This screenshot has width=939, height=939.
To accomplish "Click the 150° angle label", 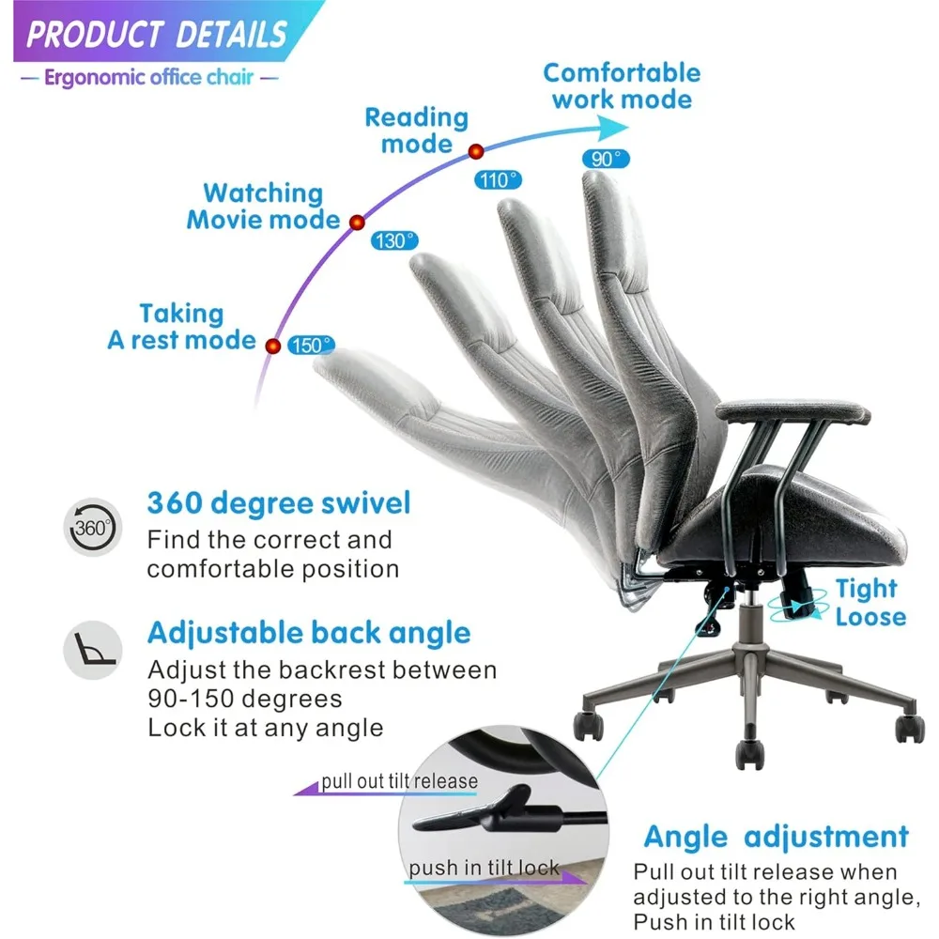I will pyautogui.click(x=311, y=345).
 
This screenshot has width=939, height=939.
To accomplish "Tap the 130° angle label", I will pyautogui.click(x=394, y=240).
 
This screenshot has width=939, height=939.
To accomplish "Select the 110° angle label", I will pyautogui.click(x=498, y=180).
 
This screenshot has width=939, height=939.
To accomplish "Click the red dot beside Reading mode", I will pyautogui.click(x=476, y=151).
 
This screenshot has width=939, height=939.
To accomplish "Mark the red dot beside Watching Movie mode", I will pyautogui.click(x=357, y=223).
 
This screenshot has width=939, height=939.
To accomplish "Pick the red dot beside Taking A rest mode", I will pyautogui.click(x=273, y=346).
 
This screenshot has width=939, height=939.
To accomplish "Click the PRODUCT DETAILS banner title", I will pyautogui.click(x=156, y=36).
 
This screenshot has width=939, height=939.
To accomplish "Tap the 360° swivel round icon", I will pyautogui.click(x=93, y=527).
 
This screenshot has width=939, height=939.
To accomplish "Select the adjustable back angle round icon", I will pyautogui.click(x=93, y=649).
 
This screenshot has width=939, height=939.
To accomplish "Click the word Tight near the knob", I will pyautogui.click(x=866, y=590).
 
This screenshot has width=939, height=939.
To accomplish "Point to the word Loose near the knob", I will pyautogui.click(x=870, y=617).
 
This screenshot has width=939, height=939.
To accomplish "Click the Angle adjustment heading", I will pyautogui.click(x=776, y=837).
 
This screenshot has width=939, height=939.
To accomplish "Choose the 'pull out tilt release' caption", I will pyautogui.click(x=399, y=781).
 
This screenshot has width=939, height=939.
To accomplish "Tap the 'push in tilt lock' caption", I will pyautogui.click(x=485, y=868).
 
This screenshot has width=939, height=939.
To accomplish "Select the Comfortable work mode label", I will pyautogui.click(x=622, y=85).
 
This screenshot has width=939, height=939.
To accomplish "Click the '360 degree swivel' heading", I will pyautogui.click(x=279, y=503).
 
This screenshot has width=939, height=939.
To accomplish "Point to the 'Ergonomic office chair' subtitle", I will pyautogui.click(x=148, y=77).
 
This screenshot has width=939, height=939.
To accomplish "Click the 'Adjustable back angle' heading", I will pyautogui.click(x=309, y=633).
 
